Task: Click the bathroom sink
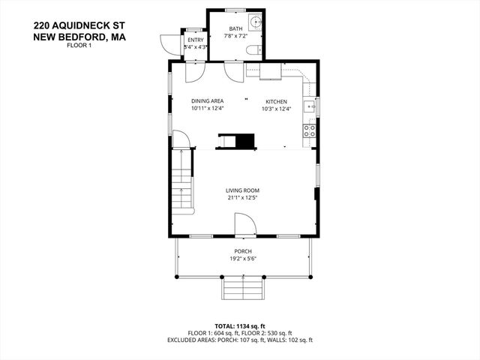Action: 256,22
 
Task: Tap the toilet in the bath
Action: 253,49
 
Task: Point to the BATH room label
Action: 235,29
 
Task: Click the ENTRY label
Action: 195,40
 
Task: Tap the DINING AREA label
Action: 207,101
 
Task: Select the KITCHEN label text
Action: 276,101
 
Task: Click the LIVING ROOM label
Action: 242,190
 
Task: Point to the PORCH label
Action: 242,251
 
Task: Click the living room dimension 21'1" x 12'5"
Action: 242,198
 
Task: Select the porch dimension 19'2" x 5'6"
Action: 242,259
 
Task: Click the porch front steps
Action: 242,286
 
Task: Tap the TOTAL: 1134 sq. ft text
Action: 239,326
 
